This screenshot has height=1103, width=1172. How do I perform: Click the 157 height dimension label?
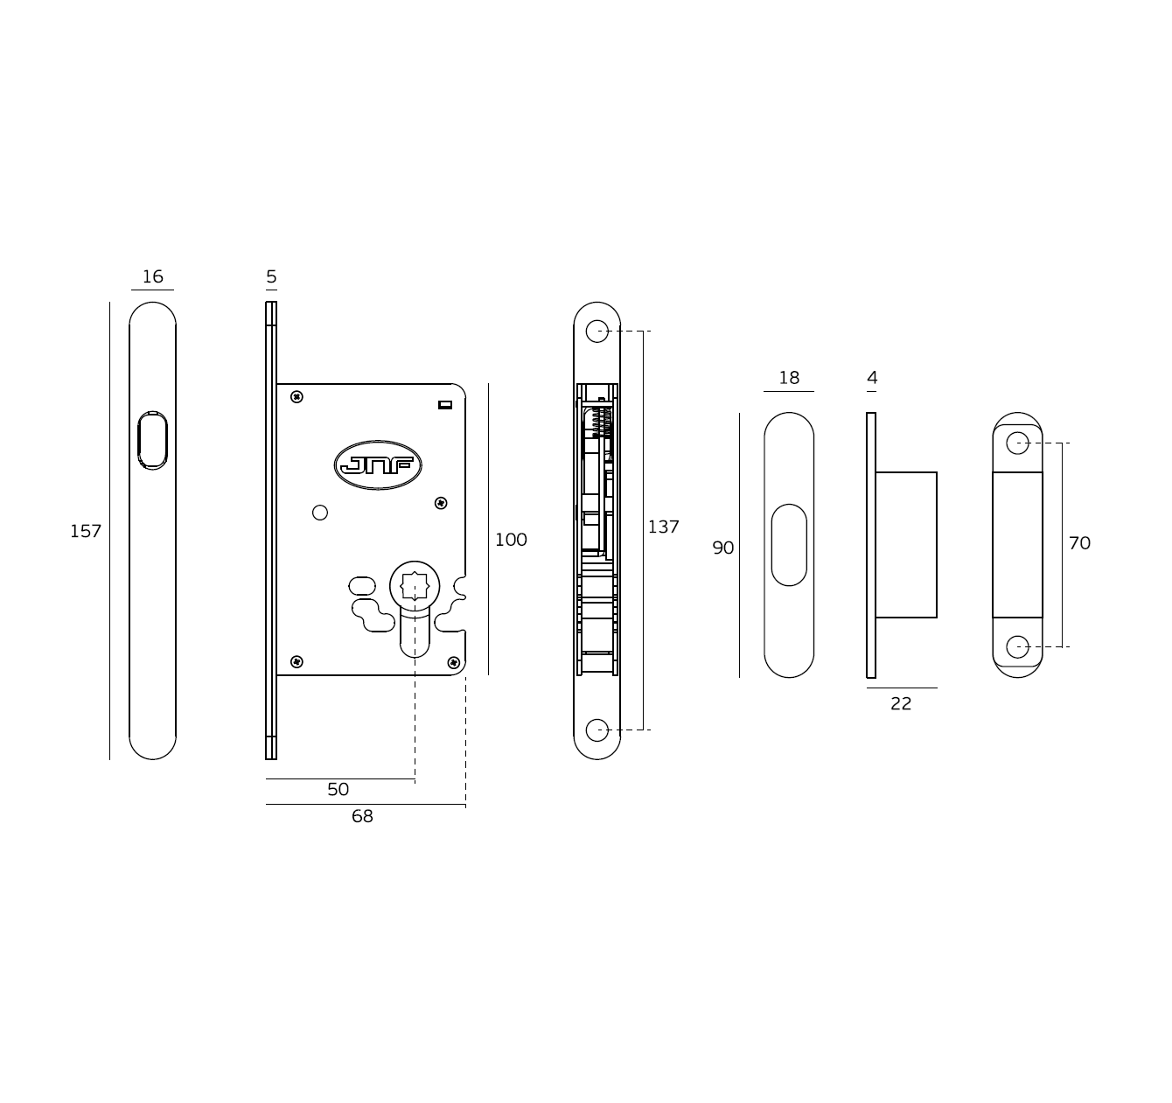point(86,532)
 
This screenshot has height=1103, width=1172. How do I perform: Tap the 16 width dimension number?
point(152,276)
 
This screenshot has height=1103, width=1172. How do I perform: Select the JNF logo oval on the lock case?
point(378,465)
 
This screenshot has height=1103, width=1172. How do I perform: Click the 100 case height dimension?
point(511,540)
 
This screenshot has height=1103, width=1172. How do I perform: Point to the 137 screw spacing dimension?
point(663,527)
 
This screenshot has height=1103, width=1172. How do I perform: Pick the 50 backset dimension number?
point(338,790)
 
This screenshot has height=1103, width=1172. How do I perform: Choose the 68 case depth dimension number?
point(362,816)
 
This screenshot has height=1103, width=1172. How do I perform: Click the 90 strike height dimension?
point(723,548)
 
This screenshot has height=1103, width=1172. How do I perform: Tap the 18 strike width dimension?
point(789,378)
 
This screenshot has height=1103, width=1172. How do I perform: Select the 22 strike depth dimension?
point(901,704)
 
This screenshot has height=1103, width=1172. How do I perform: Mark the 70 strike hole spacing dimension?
point(1079,543)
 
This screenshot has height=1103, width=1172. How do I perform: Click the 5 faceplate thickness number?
point(271,276)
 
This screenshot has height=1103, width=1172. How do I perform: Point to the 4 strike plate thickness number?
point(872,378)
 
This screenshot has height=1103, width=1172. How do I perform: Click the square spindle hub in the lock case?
point(415,586)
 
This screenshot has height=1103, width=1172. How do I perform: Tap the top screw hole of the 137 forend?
point(596,332)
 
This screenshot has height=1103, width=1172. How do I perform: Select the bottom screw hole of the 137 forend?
point(596,730)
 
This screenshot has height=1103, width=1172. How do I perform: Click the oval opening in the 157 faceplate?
point(152,441)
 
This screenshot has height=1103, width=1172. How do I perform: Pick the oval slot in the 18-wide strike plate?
point(789,545)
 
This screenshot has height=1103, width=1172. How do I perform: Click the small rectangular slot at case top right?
point(445,404)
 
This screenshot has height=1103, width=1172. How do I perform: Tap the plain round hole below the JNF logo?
point(320,513)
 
